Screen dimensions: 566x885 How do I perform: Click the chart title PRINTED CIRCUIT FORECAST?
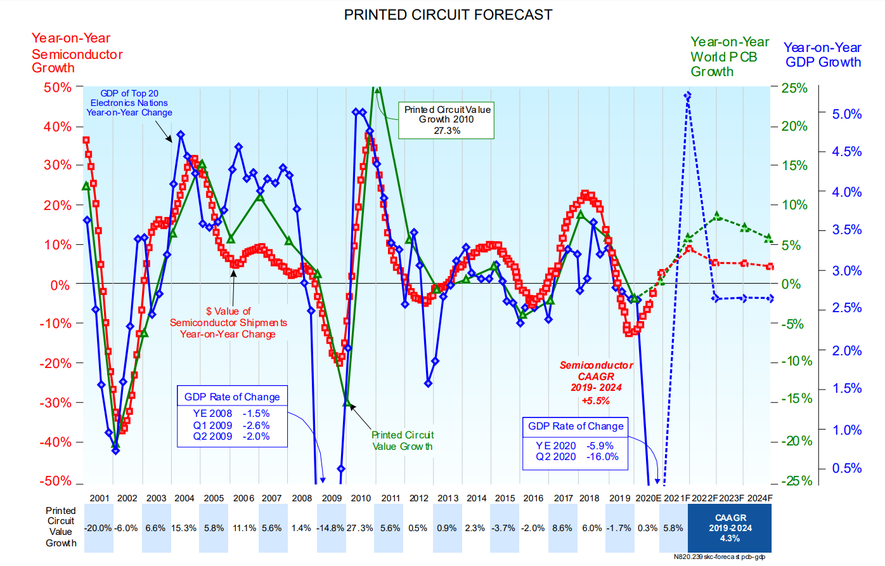pos(448,15)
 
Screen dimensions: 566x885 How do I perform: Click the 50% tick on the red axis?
pos(58,87)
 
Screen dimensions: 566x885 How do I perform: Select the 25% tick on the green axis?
pos(794,88)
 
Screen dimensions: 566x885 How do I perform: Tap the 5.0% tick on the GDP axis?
pos(847,114)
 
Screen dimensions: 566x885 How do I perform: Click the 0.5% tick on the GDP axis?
pos(847,468)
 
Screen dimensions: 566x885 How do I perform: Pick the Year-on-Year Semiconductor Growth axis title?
pos(77,53)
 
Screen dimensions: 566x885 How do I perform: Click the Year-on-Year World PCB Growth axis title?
pos(730,56)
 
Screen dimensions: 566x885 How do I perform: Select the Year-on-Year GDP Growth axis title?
pos(823,55)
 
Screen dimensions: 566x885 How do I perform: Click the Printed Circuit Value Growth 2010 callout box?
pos(446,120)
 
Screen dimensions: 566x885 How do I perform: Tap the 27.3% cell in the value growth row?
pos(359,528)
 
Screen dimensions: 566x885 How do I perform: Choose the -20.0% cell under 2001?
pos(98,528)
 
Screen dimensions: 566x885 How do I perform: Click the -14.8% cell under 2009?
pos(331,528)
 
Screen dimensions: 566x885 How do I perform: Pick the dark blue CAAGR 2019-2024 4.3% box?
pos(730,528)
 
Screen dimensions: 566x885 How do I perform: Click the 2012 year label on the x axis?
pos(418,498)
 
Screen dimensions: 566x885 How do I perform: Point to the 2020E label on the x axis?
pos(649,498)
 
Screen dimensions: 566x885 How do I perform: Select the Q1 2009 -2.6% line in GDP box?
pos(231,426)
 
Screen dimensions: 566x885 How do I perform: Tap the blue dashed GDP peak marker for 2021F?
pos(688,96)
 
